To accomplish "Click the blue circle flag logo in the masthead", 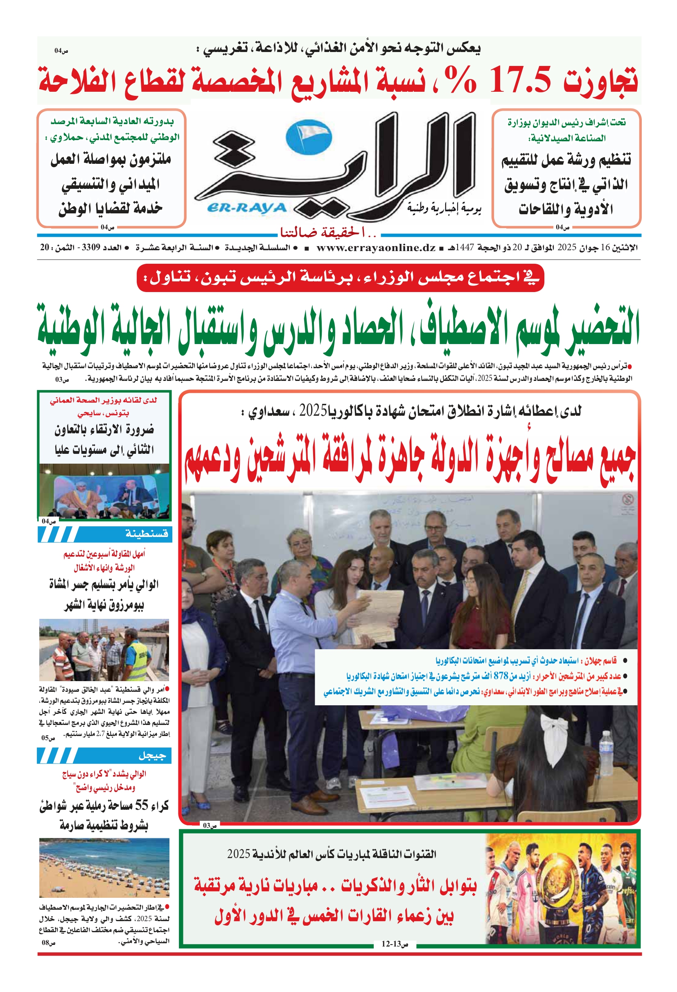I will pos(309,138).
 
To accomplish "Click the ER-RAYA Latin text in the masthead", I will pos(247,208).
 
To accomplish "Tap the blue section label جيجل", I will pos(151,756).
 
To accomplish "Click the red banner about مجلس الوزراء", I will pos(340,278).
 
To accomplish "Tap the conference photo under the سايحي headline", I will pos(104,491).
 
